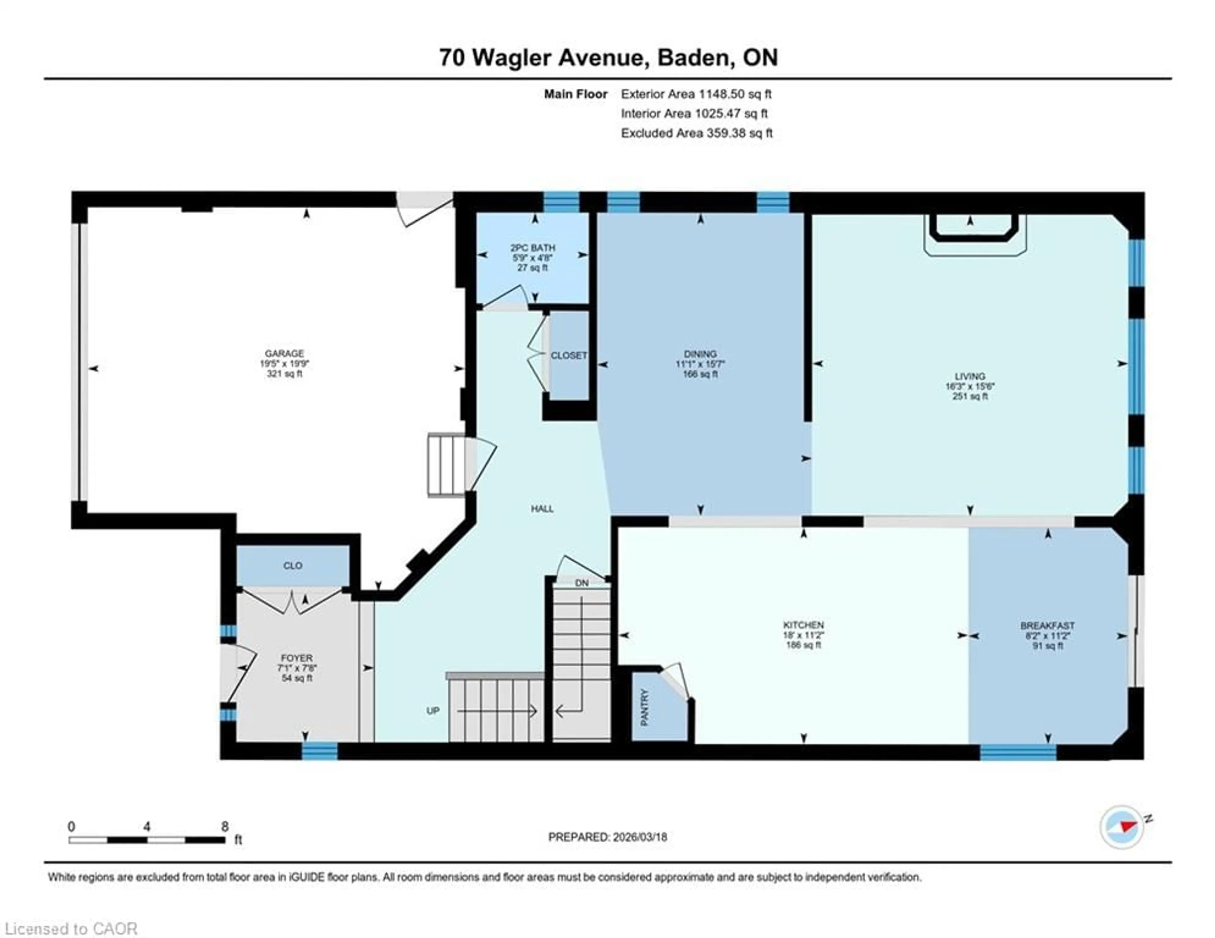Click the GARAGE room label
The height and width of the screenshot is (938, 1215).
pos(284,353)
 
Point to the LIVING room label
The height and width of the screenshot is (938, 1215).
pos(970,376)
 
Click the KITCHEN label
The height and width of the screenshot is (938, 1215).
pos(803,625)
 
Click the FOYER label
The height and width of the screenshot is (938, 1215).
pos(296,658)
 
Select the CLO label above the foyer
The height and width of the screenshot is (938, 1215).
pos(293,565)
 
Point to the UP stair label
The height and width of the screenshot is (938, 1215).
pos(433,710)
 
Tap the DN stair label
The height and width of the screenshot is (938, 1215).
pos(581,583)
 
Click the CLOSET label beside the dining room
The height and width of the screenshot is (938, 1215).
pos(569,355)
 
